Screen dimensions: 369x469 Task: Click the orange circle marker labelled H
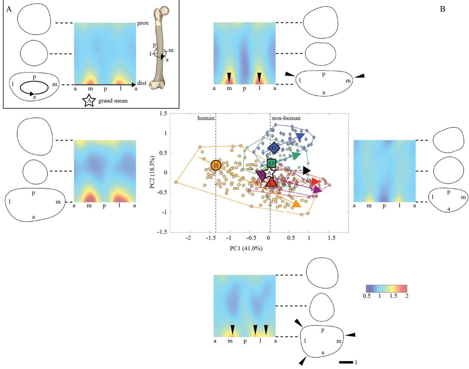216,165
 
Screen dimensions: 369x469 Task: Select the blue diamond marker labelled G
274,148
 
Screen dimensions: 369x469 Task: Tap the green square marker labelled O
271,163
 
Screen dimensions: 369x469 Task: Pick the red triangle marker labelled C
271,182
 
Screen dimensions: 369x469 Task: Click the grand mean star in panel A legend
89,101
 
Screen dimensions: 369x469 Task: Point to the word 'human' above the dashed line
206,118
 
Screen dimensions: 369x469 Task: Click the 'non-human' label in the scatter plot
286,118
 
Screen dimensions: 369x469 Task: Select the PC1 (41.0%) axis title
246,248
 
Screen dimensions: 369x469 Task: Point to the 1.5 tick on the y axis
163,114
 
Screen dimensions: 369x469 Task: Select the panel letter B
442,9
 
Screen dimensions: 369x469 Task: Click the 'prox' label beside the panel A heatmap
143,23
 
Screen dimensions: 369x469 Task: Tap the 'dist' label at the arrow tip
142,83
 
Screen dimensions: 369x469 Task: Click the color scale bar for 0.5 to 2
386,289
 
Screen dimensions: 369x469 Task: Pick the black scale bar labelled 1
346,362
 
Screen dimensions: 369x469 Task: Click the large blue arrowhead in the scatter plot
300,137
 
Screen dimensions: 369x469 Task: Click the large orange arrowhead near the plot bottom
296,204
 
